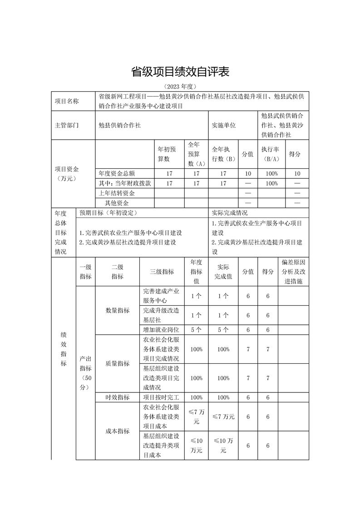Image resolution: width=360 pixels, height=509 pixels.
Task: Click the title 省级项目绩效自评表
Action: tap(180, 72)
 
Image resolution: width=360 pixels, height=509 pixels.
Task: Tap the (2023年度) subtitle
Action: tap(180, 86)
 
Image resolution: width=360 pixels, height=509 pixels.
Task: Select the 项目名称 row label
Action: tap(67, 101)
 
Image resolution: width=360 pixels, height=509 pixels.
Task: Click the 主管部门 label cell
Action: tap(67, 125)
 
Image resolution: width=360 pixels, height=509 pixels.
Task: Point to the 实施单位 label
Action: tap(224, 125)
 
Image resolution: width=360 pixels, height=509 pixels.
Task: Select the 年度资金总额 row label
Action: tap(117, 173)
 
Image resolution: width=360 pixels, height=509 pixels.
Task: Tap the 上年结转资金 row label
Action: tap(117, 193)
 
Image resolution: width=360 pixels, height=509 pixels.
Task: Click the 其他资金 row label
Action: tap(117, 203)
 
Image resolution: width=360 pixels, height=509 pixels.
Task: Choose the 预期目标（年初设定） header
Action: tap(108, 212)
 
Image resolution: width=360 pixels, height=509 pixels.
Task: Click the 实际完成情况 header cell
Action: tap(230, 212)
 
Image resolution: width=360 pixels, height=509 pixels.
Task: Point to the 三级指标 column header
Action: tap(162, 272)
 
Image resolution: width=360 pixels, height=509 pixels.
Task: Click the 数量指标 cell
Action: tap(117, 311)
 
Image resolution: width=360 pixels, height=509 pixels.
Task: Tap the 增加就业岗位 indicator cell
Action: tap(162, 329)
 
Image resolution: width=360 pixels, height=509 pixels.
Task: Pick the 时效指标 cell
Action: tap(117, 397)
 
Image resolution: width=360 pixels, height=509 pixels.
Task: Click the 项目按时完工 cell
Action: tap(162, 397)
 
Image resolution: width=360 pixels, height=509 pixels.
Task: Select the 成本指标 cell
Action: tap(117, 431)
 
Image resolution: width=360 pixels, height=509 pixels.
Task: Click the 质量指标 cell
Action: tap(117, 363)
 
